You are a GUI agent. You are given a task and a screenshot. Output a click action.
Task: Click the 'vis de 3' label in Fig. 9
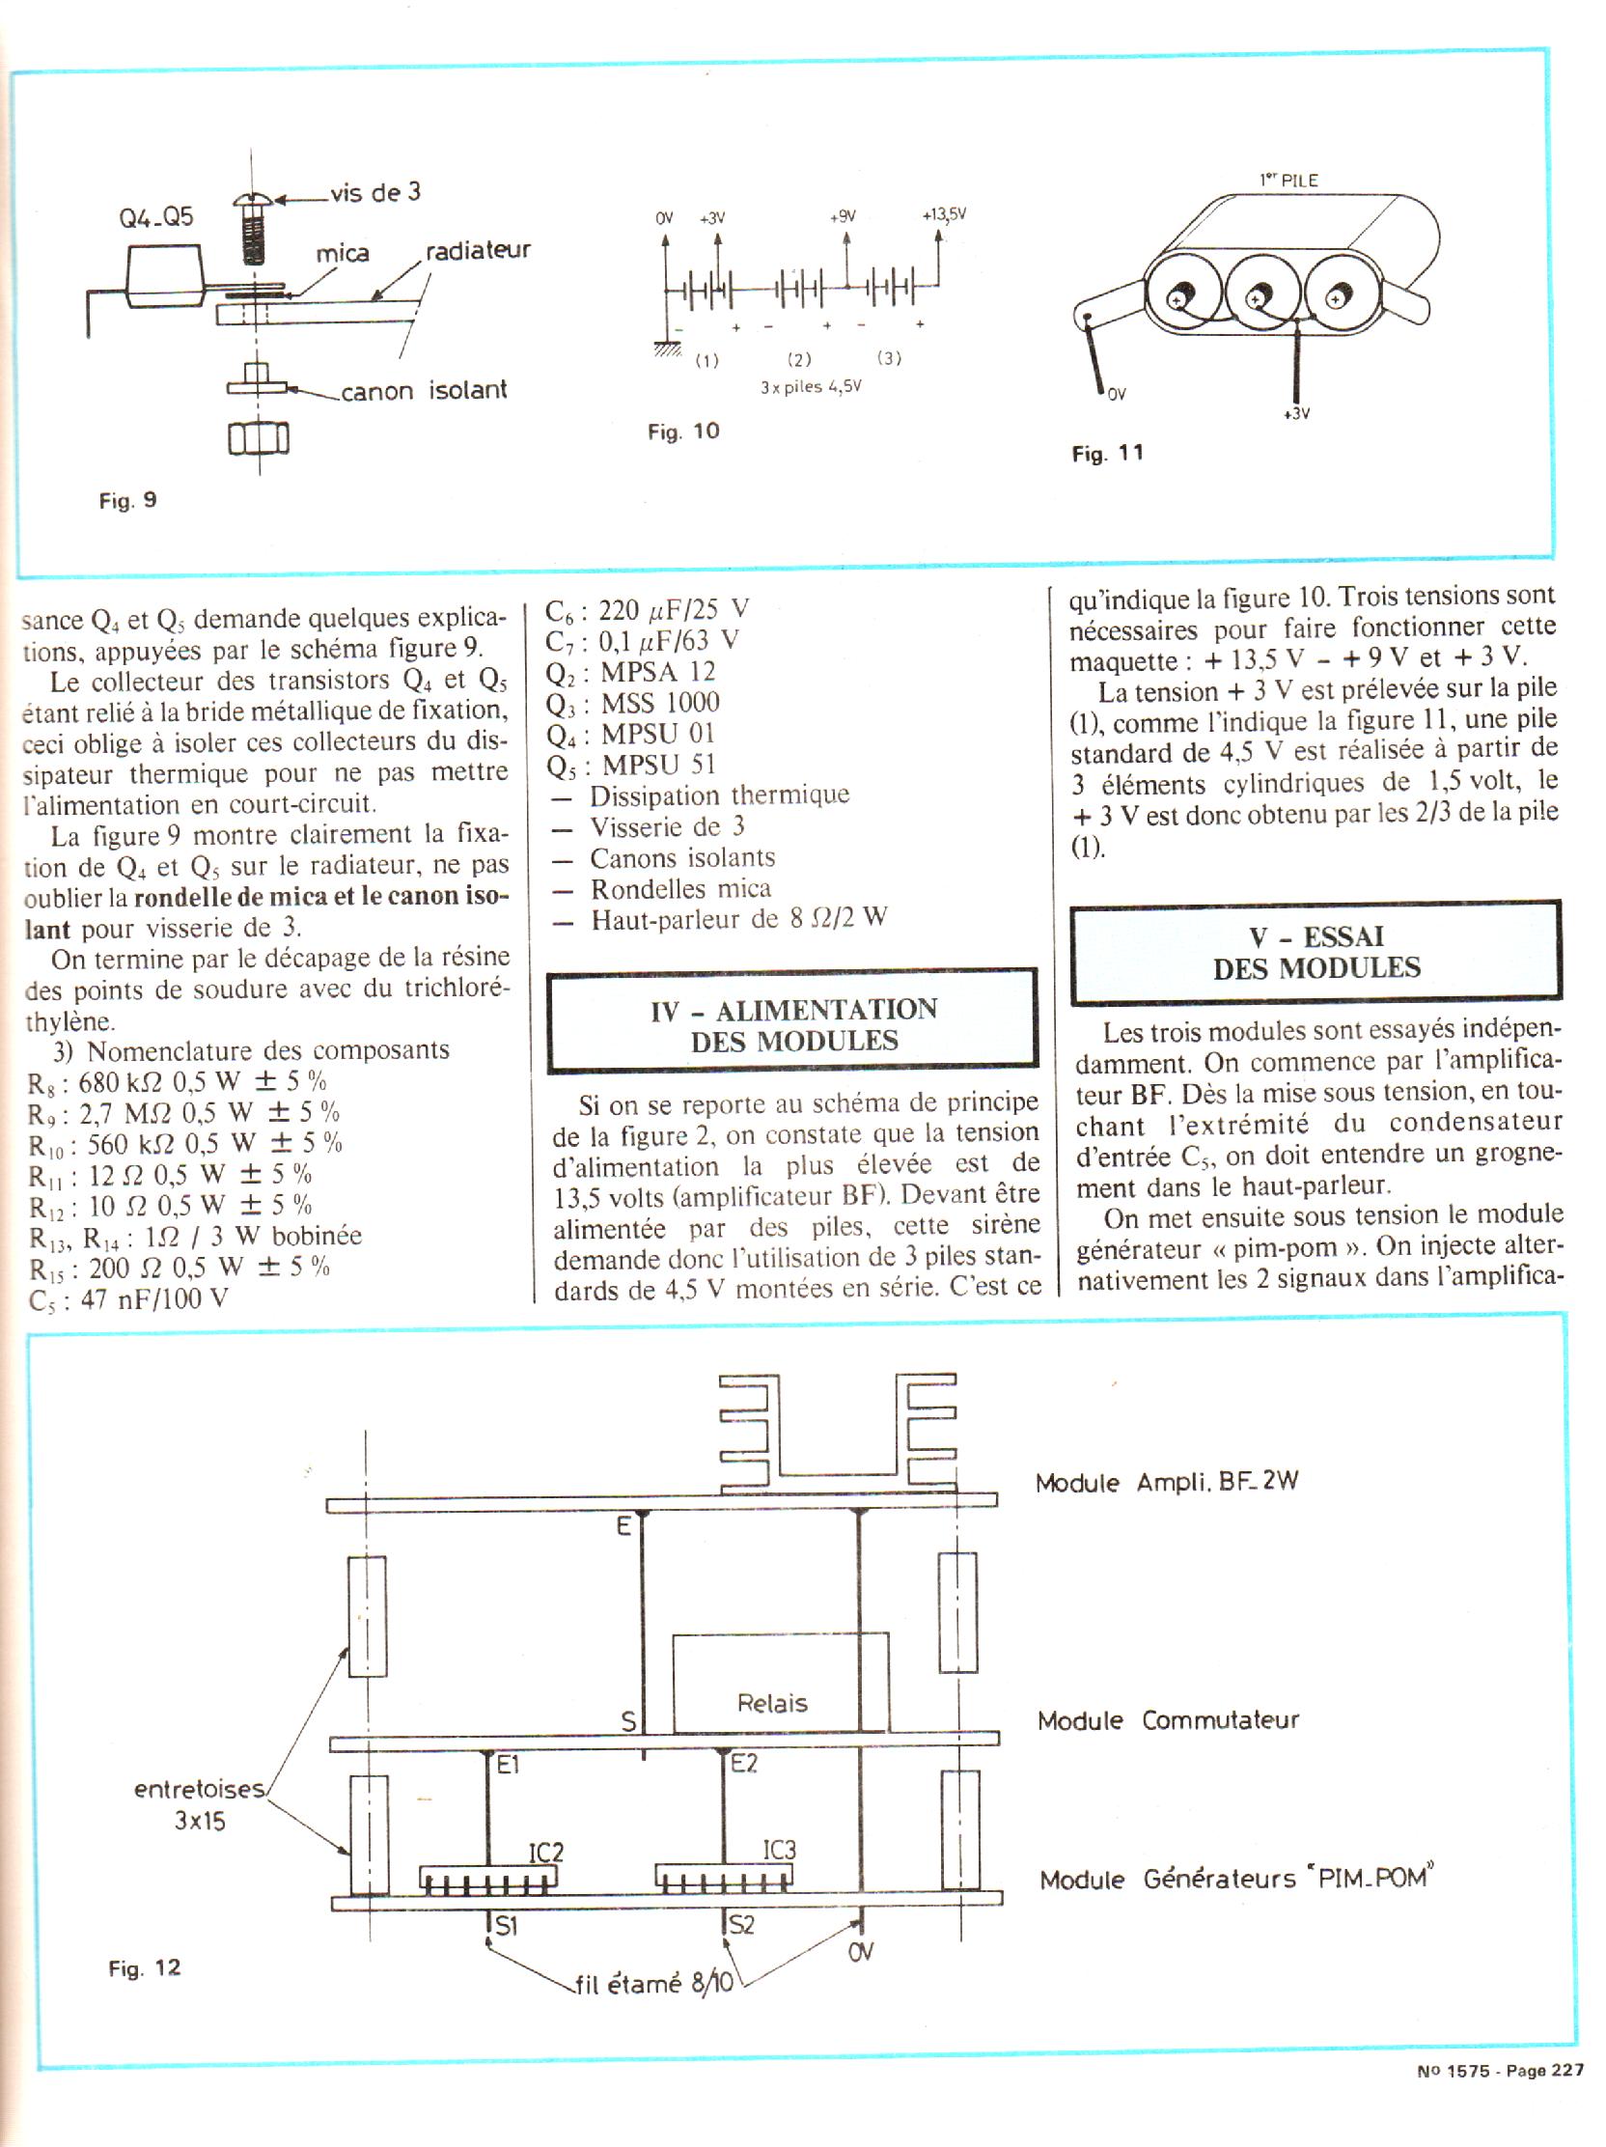[x=374, y=192]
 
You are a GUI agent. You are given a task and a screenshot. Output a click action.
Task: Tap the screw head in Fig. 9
[x=254, y=203]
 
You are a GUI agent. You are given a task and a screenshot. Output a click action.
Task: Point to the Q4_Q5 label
[x=156, y=216]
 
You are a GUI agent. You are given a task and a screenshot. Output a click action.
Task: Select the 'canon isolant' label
[x=423, y=391]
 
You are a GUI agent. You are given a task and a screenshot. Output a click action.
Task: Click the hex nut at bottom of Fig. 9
[x=258, y=440]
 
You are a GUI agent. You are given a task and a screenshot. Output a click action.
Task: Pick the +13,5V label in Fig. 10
[x=943, y=215]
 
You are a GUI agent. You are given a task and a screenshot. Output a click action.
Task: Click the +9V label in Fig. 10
[x=843, y=216]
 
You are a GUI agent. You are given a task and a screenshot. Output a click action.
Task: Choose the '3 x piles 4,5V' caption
[x=811, y=387]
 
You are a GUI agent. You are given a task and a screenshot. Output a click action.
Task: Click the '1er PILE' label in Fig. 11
[x=1288, y=180]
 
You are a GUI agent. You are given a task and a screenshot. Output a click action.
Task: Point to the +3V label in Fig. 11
[x=1295, y=413]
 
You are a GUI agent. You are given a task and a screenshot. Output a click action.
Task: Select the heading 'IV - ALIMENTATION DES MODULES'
[x=792, y=1024]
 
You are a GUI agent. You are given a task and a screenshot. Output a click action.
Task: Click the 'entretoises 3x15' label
[x=199, y=1805]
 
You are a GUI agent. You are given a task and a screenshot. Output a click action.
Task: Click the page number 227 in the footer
[x=1566, y=2097]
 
